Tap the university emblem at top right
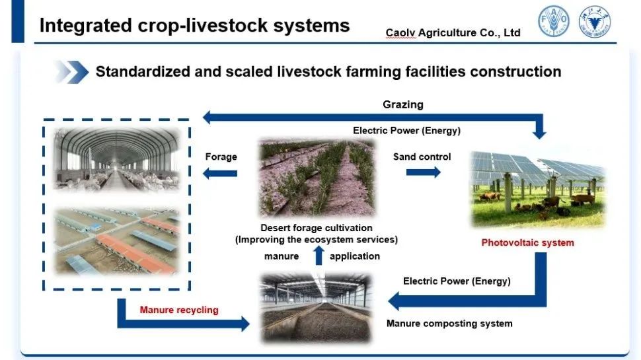tap(594, 22)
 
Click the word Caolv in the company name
tap(400, 32)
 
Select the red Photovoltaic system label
tap(527, 242)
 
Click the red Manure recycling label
tap(178, 309)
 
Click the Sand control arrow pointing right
tap(423, 172)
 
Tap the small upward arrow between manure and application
tap(318, 255)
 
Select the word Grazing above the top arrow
tap(402, 104)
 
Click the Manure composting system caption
tap(449, 324)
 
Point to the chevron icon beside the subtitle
tap(71, 71)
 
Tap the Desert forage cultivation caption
tap(317, 228)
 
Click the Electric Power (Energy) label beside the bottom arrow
tap(457, 281)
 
